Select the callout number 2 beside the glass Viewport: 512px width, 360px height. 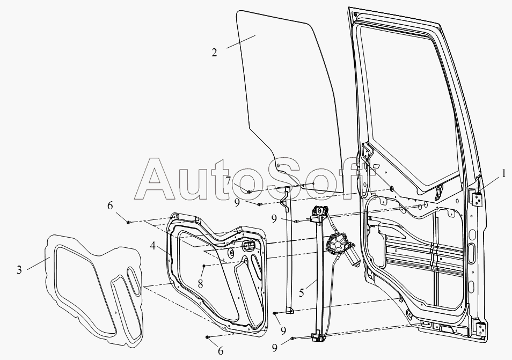(214, 53)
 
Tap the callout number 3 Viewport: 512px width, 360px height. (19, 270)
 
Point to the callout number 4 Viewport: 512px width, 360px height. (153, 246)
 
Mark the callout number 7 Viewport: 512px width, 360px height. (228, 180)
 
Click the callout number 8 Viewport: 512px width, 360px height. (200, 284)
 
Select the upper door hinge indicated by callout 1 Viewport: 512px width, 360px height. (478, 199)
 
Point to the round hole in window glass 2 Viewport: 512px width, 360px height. (279, 166)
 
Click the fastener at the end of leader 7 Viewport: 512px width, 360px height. (249, 192)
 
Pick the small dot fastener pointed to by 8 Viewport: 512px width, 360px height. (204, 266)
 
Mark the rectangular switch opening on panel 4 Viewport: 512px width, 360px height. (249, 247)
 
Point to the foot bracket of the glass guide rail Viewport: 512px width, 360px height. (289, 311)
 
